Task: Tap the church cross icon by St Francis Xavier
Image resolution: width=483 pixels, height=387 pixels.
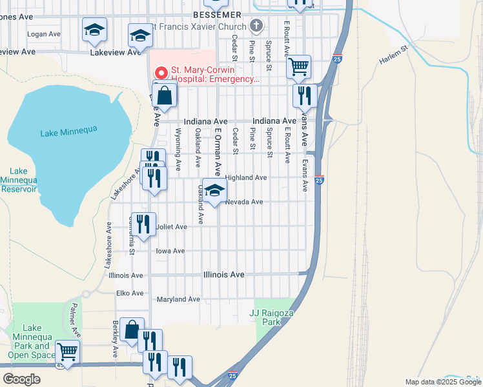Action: pos(256,26)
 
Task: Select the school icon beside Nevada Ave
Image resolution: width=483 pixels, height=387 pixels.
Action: pos(215,190)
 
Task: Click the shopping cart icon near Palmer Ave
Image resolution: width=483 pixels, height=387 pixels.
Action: pos(67,352)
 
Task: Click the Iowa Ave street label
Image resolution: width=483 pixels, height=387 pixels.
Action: pos(170,251)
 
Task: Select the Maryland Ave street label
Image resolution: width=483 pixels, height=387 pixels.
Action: pos(179,299)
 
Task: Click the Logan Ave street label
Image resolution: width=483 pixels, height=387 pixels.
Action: pos(44,34)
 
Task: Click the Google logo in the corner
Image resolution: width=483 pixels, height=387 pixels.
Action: pos(21,379)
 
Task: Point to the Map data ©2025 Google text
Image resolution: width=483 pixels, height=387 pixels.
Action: pos(442,382)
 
